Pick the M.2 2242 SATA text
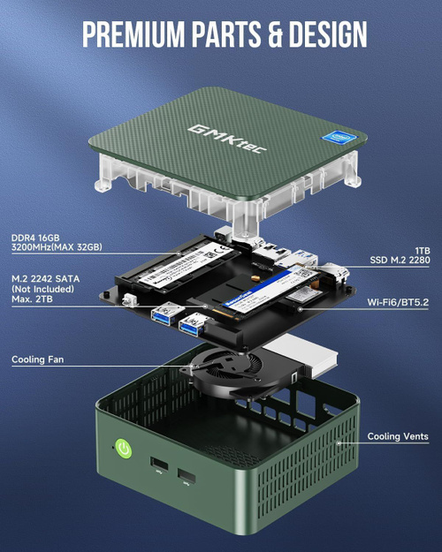(45, 280)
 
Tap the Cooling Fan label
(36, 359)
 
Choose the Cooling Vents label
(398, 436)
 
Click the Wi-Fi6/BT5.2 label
(398, 303)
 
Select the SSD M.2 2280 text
(400, 261)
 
